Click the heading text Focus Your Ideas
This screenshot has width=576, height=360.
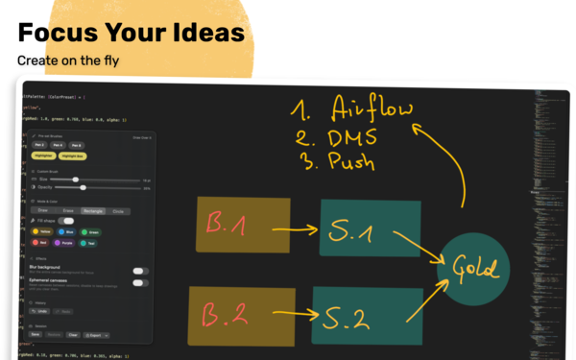point(131,33)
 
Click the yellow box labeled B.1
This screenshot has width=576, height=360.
point(242,226)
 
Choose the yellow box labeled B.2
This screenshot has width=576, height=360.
point(242,311)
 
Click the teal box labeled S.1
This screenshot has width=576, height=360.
point(370,228)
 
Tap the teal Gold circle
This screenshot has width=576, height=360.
point(469,268)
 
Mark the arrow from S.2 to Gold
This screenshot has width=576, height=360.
point(422,298)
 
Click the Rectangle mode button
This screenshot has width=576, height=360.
point(94,209)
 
